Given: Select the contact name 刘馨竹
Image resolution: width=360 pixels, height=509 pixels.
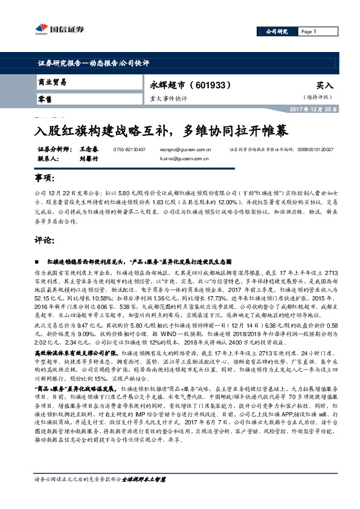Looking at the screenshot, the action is (x=89, y=159).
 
